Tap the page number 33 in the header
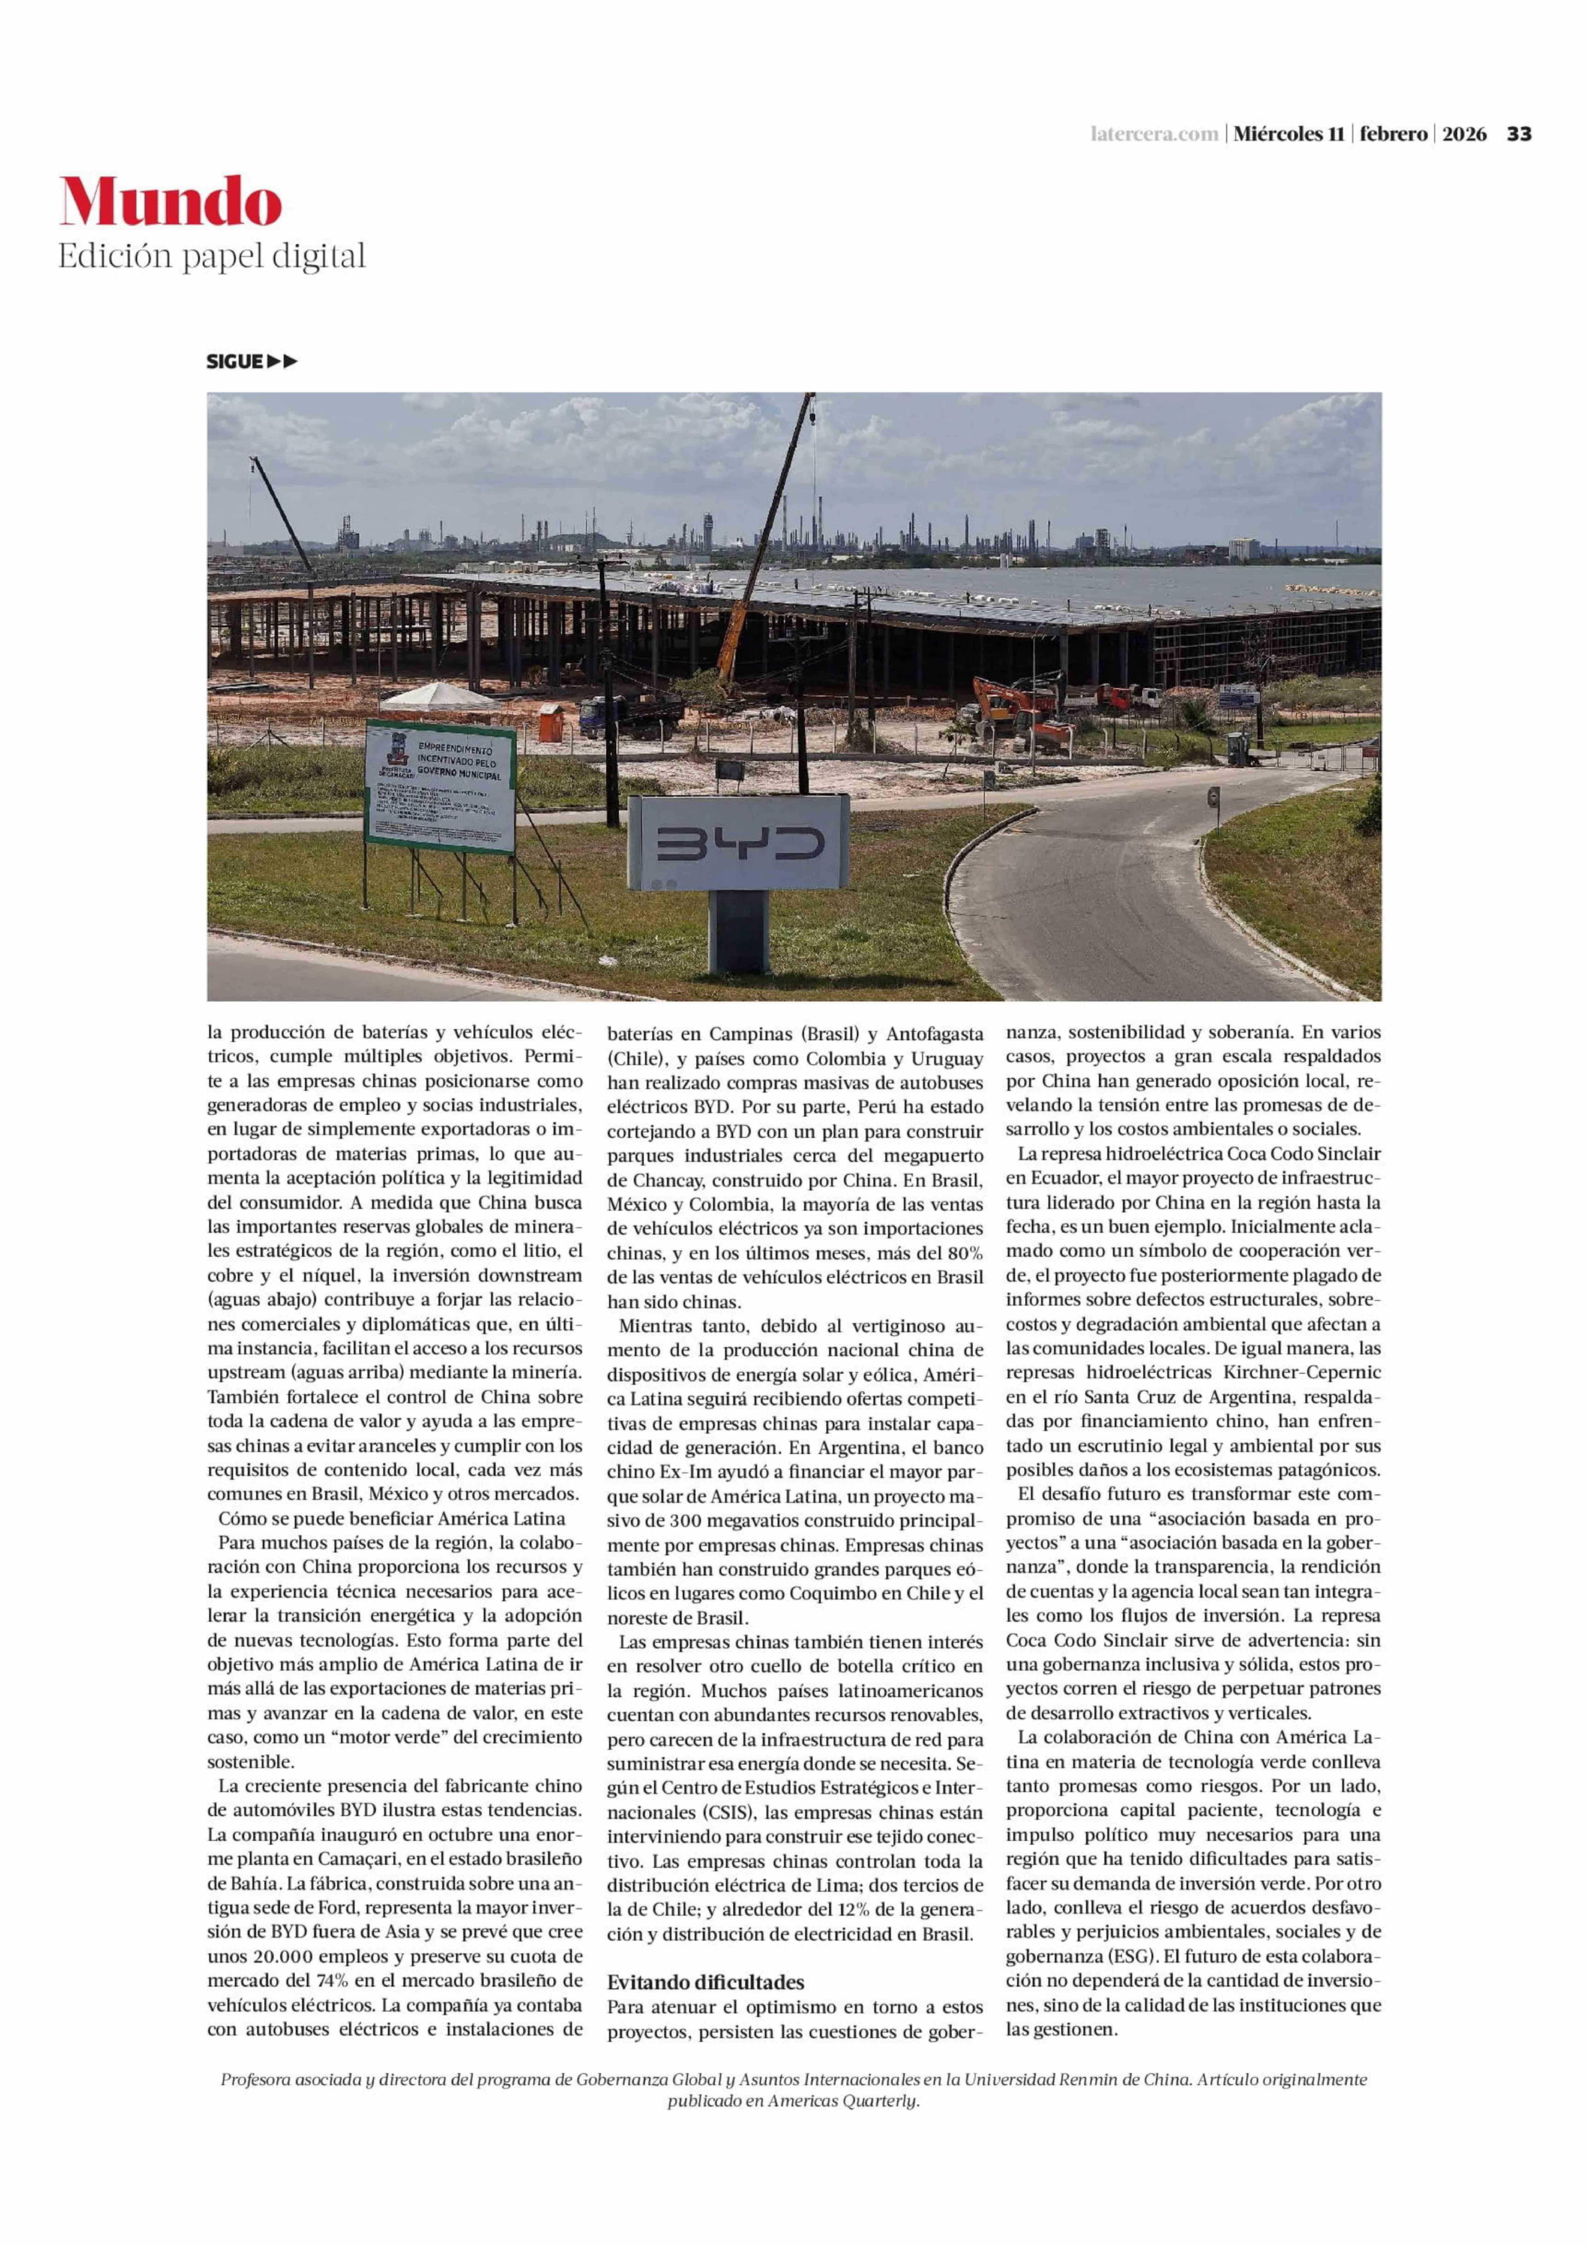pos(1518,134)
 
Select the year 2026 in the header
pos(1464,134)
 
